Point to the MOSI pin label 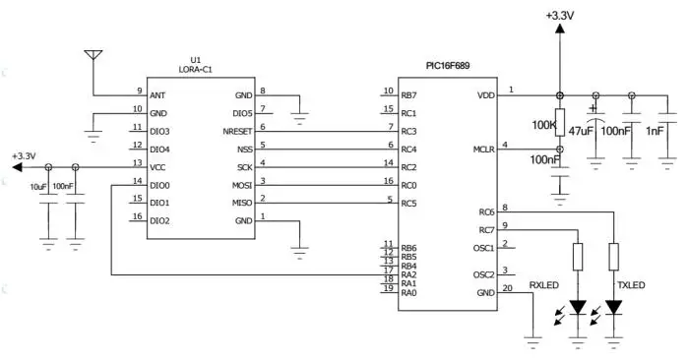pos(241,185)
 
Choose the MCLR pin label pos(482,150)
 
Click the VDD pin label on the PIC pos(486,95)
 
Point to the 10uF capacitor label pos(38,186)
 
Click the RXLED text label pos(544,286)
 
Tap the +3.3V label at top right pos(559,15)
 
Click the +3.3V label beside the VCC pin pos(23,155)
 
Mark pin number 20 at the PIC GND pos(507,288)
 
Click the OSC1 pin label pos(483,248)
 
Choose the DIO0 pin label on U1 pos(160,185)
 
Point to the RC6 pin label pos(486,211)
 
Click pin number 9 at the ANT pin pos(139,90)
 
